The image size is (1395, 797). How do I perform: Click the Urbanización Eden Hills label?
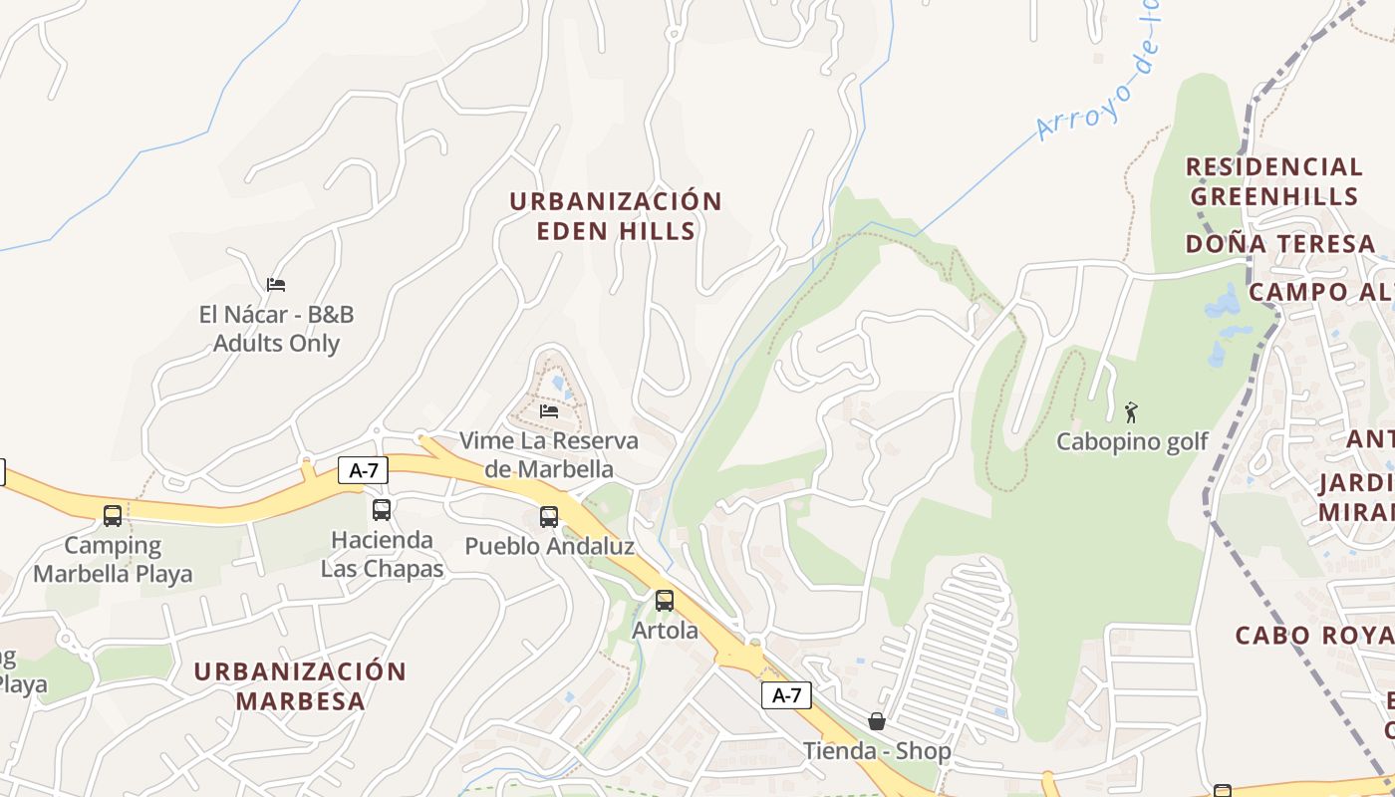point(615,215)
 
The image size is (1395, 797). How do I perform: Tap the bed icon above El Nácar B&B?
point(276,285)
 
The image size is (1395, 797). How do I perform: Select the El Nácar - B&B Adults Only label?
point(276,329)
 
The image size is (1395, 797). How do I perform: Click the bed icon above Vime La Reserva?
point(549,410)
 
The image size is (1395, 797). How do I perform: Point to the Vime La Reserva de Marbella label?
point(549,454)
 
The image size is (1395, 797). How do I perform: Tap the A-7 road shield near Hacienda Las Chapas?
point(363,470)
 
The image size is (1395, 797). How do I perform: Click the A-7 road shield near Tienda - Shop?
point(786,695)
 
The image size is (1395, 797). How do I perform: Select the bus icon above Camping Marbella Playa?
point(113,516)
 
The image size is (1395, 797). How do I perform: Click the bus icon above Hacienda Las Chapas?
point(382,510)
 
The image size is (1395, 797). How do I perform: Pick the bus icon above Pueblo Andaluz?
point(549,517)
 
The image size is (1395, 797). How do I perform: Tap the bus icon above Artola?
point(665,601)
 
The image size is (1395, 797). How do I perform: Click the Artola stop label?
point(665,631)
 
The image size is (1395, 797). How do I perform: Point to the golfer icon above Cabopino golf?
point(1131,412)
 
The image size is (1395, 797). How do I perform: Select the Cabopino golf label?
point(1132,441)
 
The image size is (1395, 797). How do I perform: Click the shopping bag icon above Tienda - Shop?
point(877,721)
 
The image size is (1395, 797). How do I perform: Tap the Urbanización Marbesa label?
point(300,685)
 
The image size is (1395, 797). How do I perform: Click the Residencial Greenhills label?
point(1273,180)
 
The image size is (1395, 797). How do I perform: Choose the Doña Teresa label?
point(1280,244)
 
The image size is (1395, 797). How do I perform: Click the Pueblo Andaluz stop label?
point(549,546)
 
